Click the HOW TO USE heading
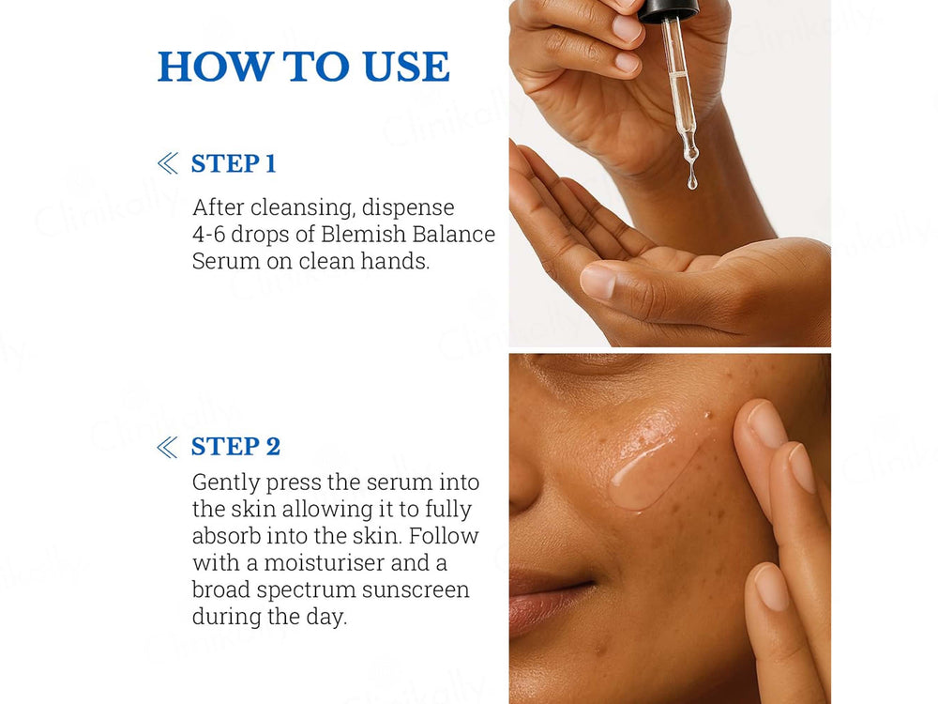303,67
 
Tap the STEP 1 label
234,163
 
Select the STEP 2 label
235,446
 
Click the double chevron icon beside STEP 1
168,164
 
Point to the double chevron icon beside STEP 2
168,447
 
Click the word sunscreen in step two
416,589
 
